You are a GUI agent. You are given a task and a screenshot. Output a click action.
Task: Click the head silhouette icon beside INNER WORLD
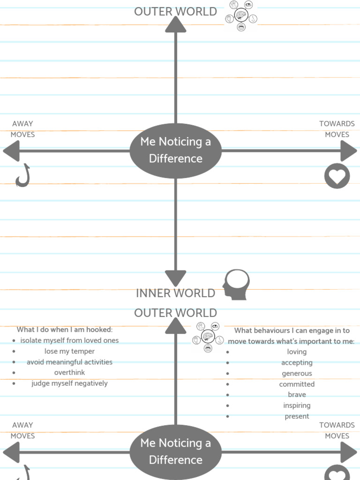pos(236,285)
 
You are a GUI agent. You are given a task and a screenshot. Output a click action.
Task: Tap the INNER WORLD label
pos(175,293)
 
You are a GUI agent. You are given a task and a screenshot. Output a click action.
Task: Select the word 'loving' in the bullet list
pos(297,352)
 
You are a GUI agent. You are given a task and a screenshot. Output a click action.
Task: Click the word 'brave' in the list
pos(297,395)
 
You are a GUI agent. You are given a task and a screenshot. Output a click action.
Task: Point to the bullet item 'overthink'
pos(69,373)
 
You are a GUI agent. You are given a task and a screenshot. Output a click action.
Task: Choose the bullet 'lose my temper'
pos(69,351)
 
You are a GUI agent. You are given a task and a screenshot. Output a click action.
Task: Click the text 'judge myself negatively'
pos(69,383)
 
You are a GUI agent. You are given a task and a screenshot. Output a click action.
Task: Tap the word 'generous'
pos(297,373)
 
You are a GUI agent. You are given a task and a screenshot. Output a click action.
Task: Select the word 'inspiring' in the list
pos(297,405)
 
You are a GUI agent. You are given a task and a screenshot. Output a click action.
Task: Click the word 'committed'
pos(297,384)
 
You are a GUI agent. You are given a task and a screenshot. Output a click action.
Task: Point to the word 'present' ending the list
pos(297,416)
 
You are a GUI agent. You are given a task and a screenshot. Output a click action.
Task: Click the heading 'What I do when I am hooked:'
pos(65,330)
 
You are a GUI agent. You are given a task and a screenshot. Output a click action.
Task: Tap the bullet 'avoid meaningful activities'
pos(69,362)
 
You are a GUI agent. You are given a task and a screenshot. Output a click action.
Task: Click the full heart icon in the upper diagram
pos(337,176)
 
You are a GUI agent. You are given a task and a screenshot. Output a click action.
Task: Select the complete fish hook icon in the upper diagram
pos(22,176)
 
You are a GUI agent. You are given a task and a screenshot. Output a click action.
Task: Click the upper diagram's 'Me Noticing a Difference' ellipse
pos(176,150)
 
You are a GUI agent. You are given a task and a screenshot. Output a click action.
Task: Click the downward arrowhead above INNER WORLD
pos(176,277)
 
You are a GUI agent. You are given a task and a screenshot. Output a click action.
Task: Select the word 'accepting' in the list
pos(297,362)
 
